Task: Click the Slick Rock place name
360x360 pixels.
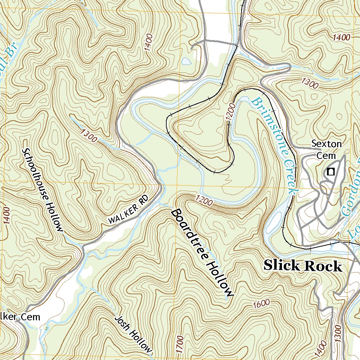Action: tap(302, 265)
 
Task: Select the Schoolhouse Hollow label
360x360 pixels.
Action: tap(43, 190)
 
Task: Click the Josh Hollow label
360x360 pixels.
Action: tap(134, 334)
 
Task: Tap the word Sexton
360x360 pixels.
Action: tap(327, 144)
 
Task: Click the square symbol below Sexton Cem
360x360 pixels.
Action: tap(330, 172)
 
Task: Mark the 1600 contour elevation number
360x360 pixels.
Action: tap(261, 303)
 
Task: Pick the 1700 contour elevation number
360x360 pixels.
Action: tap(180, 344)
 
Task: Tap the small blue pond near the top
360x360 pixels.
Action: tap(186, 61)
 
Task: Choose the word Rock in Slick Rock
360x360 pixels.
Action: tap(323, 266)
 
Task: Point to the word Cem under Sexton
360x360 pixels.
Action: tap(327, 155)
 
